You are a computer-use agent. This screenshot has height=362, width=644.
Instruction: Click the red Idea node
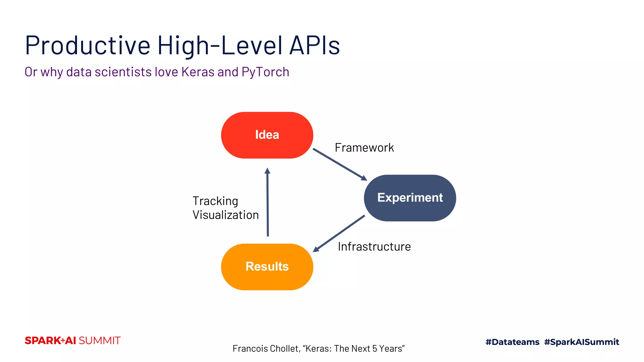(x=267, y=135)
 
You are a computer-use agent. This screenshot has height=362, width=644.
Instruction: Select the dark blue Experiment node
(x=410, y=198)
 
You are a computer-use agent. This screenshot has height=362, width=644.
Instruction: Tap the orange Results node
(x=267, y=267)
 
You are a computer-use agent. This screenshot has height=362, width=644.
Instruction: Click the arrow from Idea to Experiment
(x=340, y=164)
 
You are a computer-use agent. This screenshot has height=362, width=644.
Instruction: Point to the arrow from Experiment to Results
(x=339, y=233)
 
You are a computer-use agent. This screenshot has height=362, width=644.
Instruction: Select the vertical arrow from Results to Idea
(x=268, y=203)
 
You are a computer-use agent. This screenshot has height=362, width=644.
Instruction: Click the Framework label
(x=364, y=148)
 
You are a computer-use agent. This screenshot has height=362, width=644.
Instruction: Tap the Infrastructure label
(x=374, y=247)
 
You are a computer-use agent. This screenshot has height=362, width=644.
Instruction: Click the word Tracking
(x=215, y=201)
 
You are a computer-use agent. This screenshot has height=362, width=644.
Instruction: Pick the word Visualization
(x=225, y=215)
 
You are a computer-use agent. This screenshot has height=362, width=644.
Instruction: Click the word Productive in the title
(x=88, y=46)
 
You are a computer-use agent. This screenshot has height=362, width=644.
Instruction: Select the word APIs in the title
(x=314, y=46)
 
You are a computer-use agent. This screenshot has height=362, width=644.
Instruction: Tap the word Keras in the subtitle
(x=198, y=72)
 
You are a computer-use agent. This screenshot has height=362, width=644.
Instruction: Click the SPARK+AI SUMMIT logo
(x=73, y=341)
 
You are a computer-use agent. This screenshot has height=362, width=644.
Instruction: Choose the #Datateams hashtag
(x=512, y=342)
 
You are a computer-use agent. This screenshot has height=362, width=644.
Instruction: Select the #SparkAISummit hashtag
(x=581, y=342)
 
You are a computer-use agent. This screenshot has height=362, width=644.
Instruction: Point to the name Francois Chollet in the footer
(x=266, y=348)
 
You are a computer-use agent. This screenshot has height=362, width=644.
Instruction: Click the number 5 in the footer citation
(x=375, y=348)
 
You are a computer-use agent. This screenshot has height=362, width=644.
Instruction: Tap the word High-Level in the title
(x=220, y=46)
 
